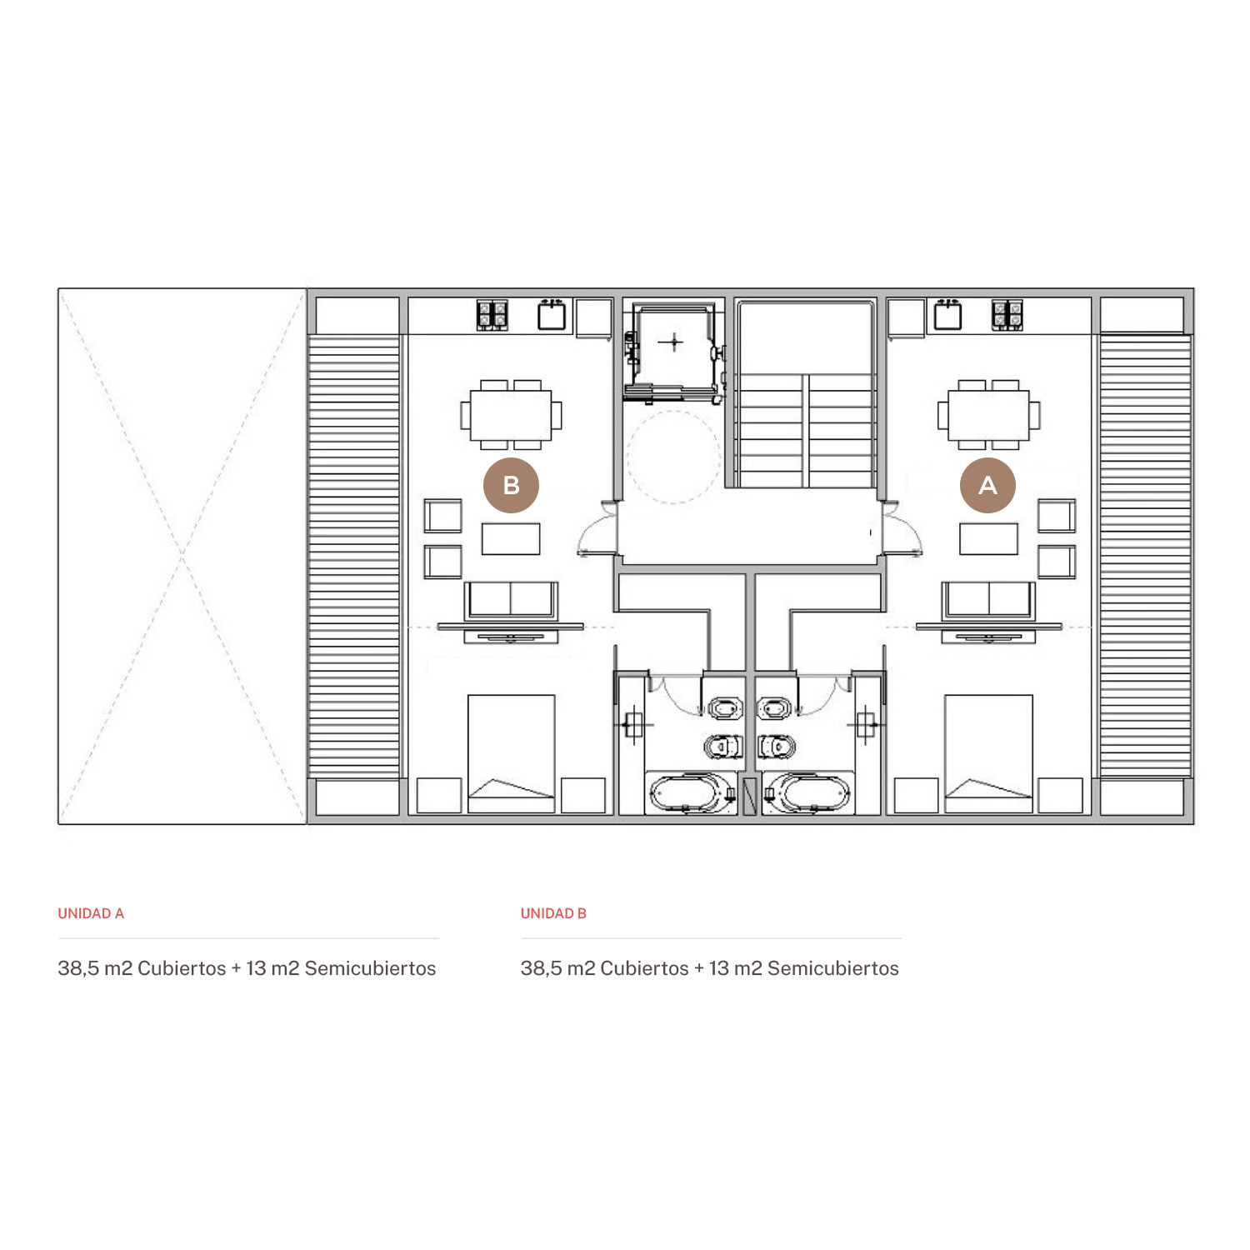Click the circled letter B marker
511,485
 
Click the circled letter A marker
987,485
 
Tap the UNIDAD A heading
91,913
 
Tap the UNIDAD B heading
553,913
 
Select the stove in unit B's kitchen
492,315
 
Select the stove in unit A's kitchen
1007,315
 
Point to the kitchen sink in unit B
552,315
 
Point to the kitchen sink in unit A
947,315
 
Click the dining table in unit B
511,415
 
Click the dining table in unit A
988,415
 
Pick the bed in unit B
512,754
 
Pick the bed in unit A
988,754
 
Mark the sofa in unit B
511,600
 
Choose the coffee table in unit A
988,539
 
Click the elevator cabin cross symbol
672,342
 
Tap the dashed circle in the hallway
672,457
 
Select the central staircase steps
805,430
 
